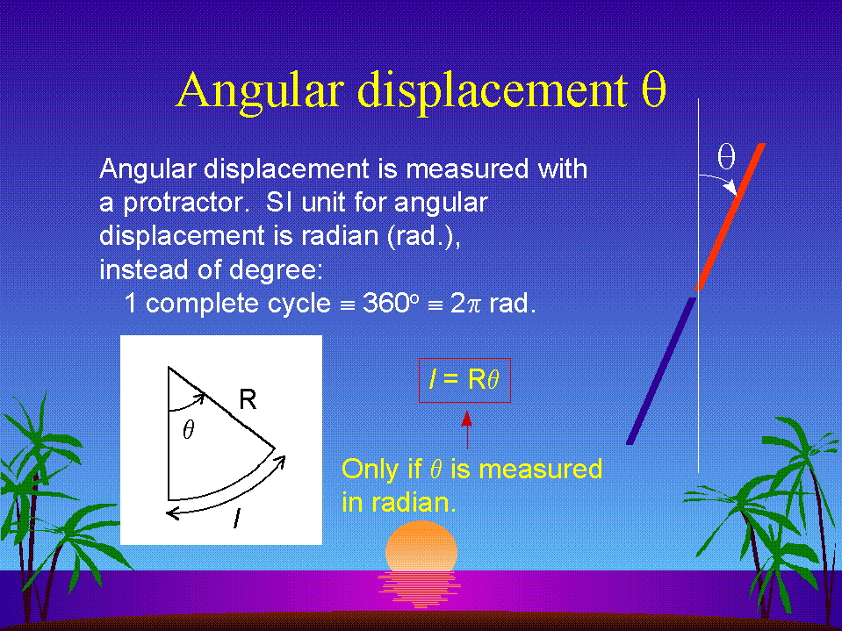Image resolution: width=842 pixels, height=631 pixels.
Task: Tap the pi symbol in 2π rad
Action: coord(472,305)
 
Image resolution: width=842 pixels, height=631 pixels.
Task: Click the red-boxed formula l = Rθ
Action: coord(464,380)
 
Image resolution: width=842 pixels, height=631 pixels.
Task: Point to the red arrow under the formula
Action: coord(467,429)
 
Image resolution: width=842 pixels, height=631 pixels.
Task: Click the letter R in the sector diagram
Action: coord(248,399)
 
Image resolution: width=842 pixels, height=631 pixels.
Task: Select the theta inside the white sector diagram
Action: coord(188,429)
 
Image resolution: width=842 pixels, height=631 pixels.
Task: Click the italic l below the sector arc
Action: coord(236,519)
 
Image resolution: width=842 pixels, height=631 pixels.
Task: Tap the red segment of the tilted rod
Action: coord(730,216)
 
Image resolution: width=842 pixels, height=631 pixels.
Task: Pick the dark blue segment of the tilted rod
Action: coord(662,370)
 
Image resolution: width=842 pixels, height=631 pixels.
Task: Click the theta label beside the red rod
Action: coord(726,157)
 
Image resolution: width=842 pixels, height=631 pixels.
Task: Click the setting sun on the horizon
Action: coord(421,546)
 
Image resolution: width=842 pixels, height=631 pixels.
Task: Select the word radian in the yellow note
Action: coord(407,503)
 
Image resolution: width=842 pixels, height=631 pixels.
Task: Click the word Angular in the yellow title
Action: coord(260,90)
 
